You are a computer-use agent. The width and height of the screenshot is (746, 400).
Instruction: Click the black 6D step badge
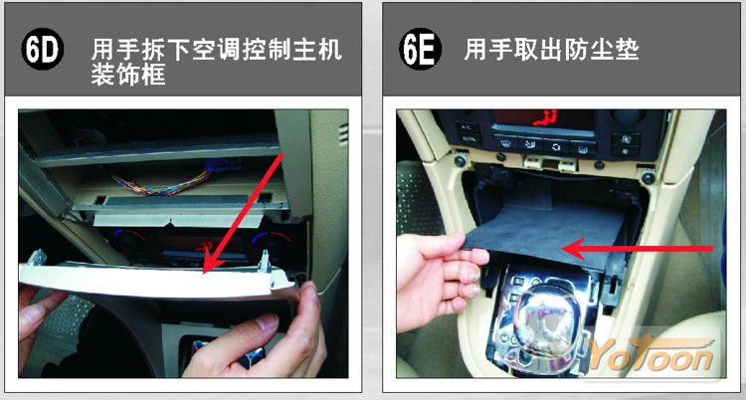(x=43, y=49)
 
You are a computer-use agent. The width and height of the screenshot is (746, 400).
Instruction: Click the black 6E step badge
(x=420, y=49)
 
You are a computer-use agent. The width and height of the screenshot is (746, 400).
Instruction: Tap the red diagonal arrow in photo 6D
(x=244, y=213)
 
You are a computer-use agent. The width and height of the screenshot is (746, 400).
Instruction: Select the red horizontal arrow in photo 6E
(x=638, y=249)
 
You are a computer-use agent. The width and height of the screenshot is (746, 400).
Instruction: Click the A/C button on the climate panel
(x=466, y=127)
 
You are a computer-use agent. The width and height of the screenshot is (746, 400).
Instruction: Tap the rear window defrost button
(x=583, y=148)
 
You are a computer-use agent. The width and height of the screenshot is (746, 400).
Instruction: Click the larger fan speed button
(x=626, y=138)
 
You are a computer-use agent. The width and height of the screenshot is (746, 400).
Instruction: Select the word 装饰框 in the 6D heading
(x=128, y=75)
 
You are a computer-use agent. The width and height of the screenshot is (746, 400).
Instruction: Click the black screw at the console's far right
(x=648, y=178)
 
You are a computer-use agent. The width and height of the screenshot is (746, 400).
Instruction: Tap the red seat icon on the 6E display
(x=545, y=117)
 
